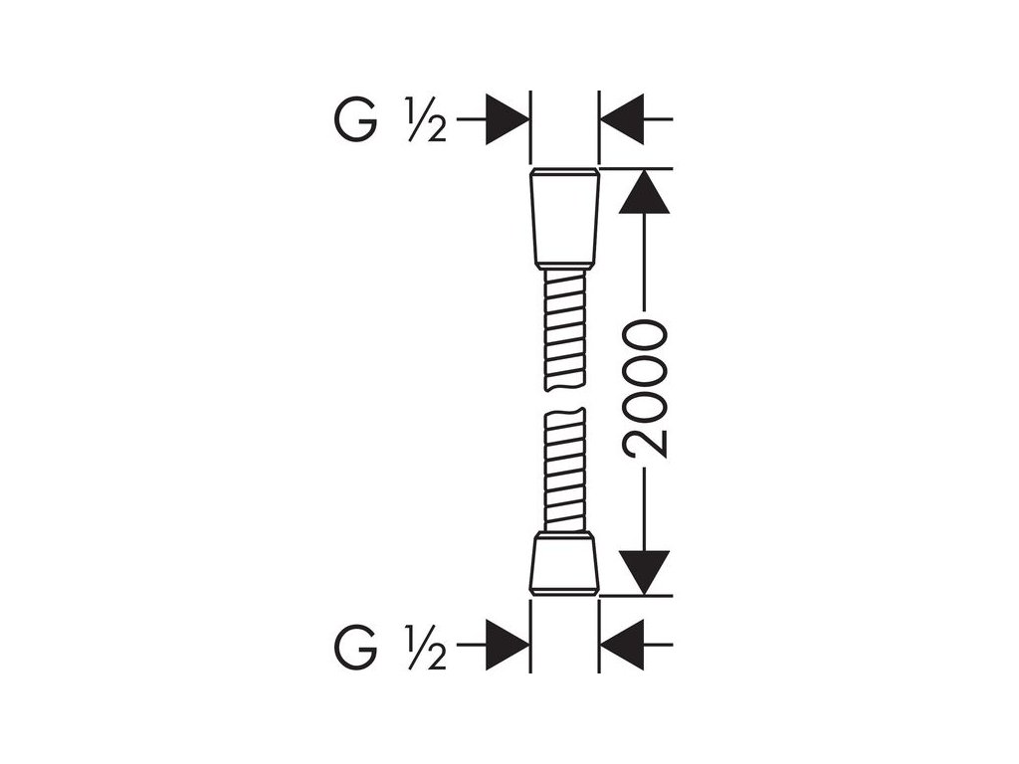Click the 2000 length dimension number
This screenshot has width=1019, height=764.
coord(647,389)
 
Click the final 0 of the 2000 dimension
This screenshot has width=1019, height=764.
coord(647,335)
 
